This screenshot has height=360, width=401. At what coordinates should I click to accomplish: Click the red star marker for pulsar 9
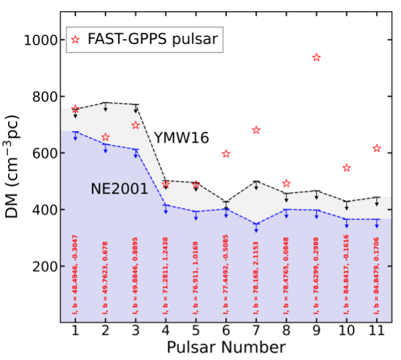click(x=316, y=57)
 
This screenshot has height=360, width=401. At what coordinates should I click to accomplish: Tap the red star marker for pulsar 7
click(x=256, y=130)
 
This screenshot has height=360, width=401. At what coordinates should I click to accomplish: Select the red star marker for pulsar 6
click(x=226, y=154)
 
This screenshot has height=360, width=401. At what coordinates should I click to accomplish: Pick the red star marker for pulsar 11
click(x=376, y=148)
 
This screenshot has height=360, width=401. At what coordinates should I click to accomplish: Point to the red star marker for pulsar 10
click(x=346, y=168)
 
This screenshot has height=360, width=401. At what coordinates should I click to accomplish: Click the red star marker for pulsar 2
click(x=105, y=138)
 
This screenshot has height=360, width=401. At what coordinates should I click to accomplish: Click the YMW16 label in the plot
click(x=181, y=138)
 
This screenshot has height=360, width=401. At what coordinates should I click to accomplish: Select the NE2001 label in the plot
click(x=119, y=190)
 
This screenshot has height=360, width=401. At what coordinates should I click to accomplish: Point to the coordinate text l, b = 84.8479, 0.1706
click(x=376, y=274)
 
